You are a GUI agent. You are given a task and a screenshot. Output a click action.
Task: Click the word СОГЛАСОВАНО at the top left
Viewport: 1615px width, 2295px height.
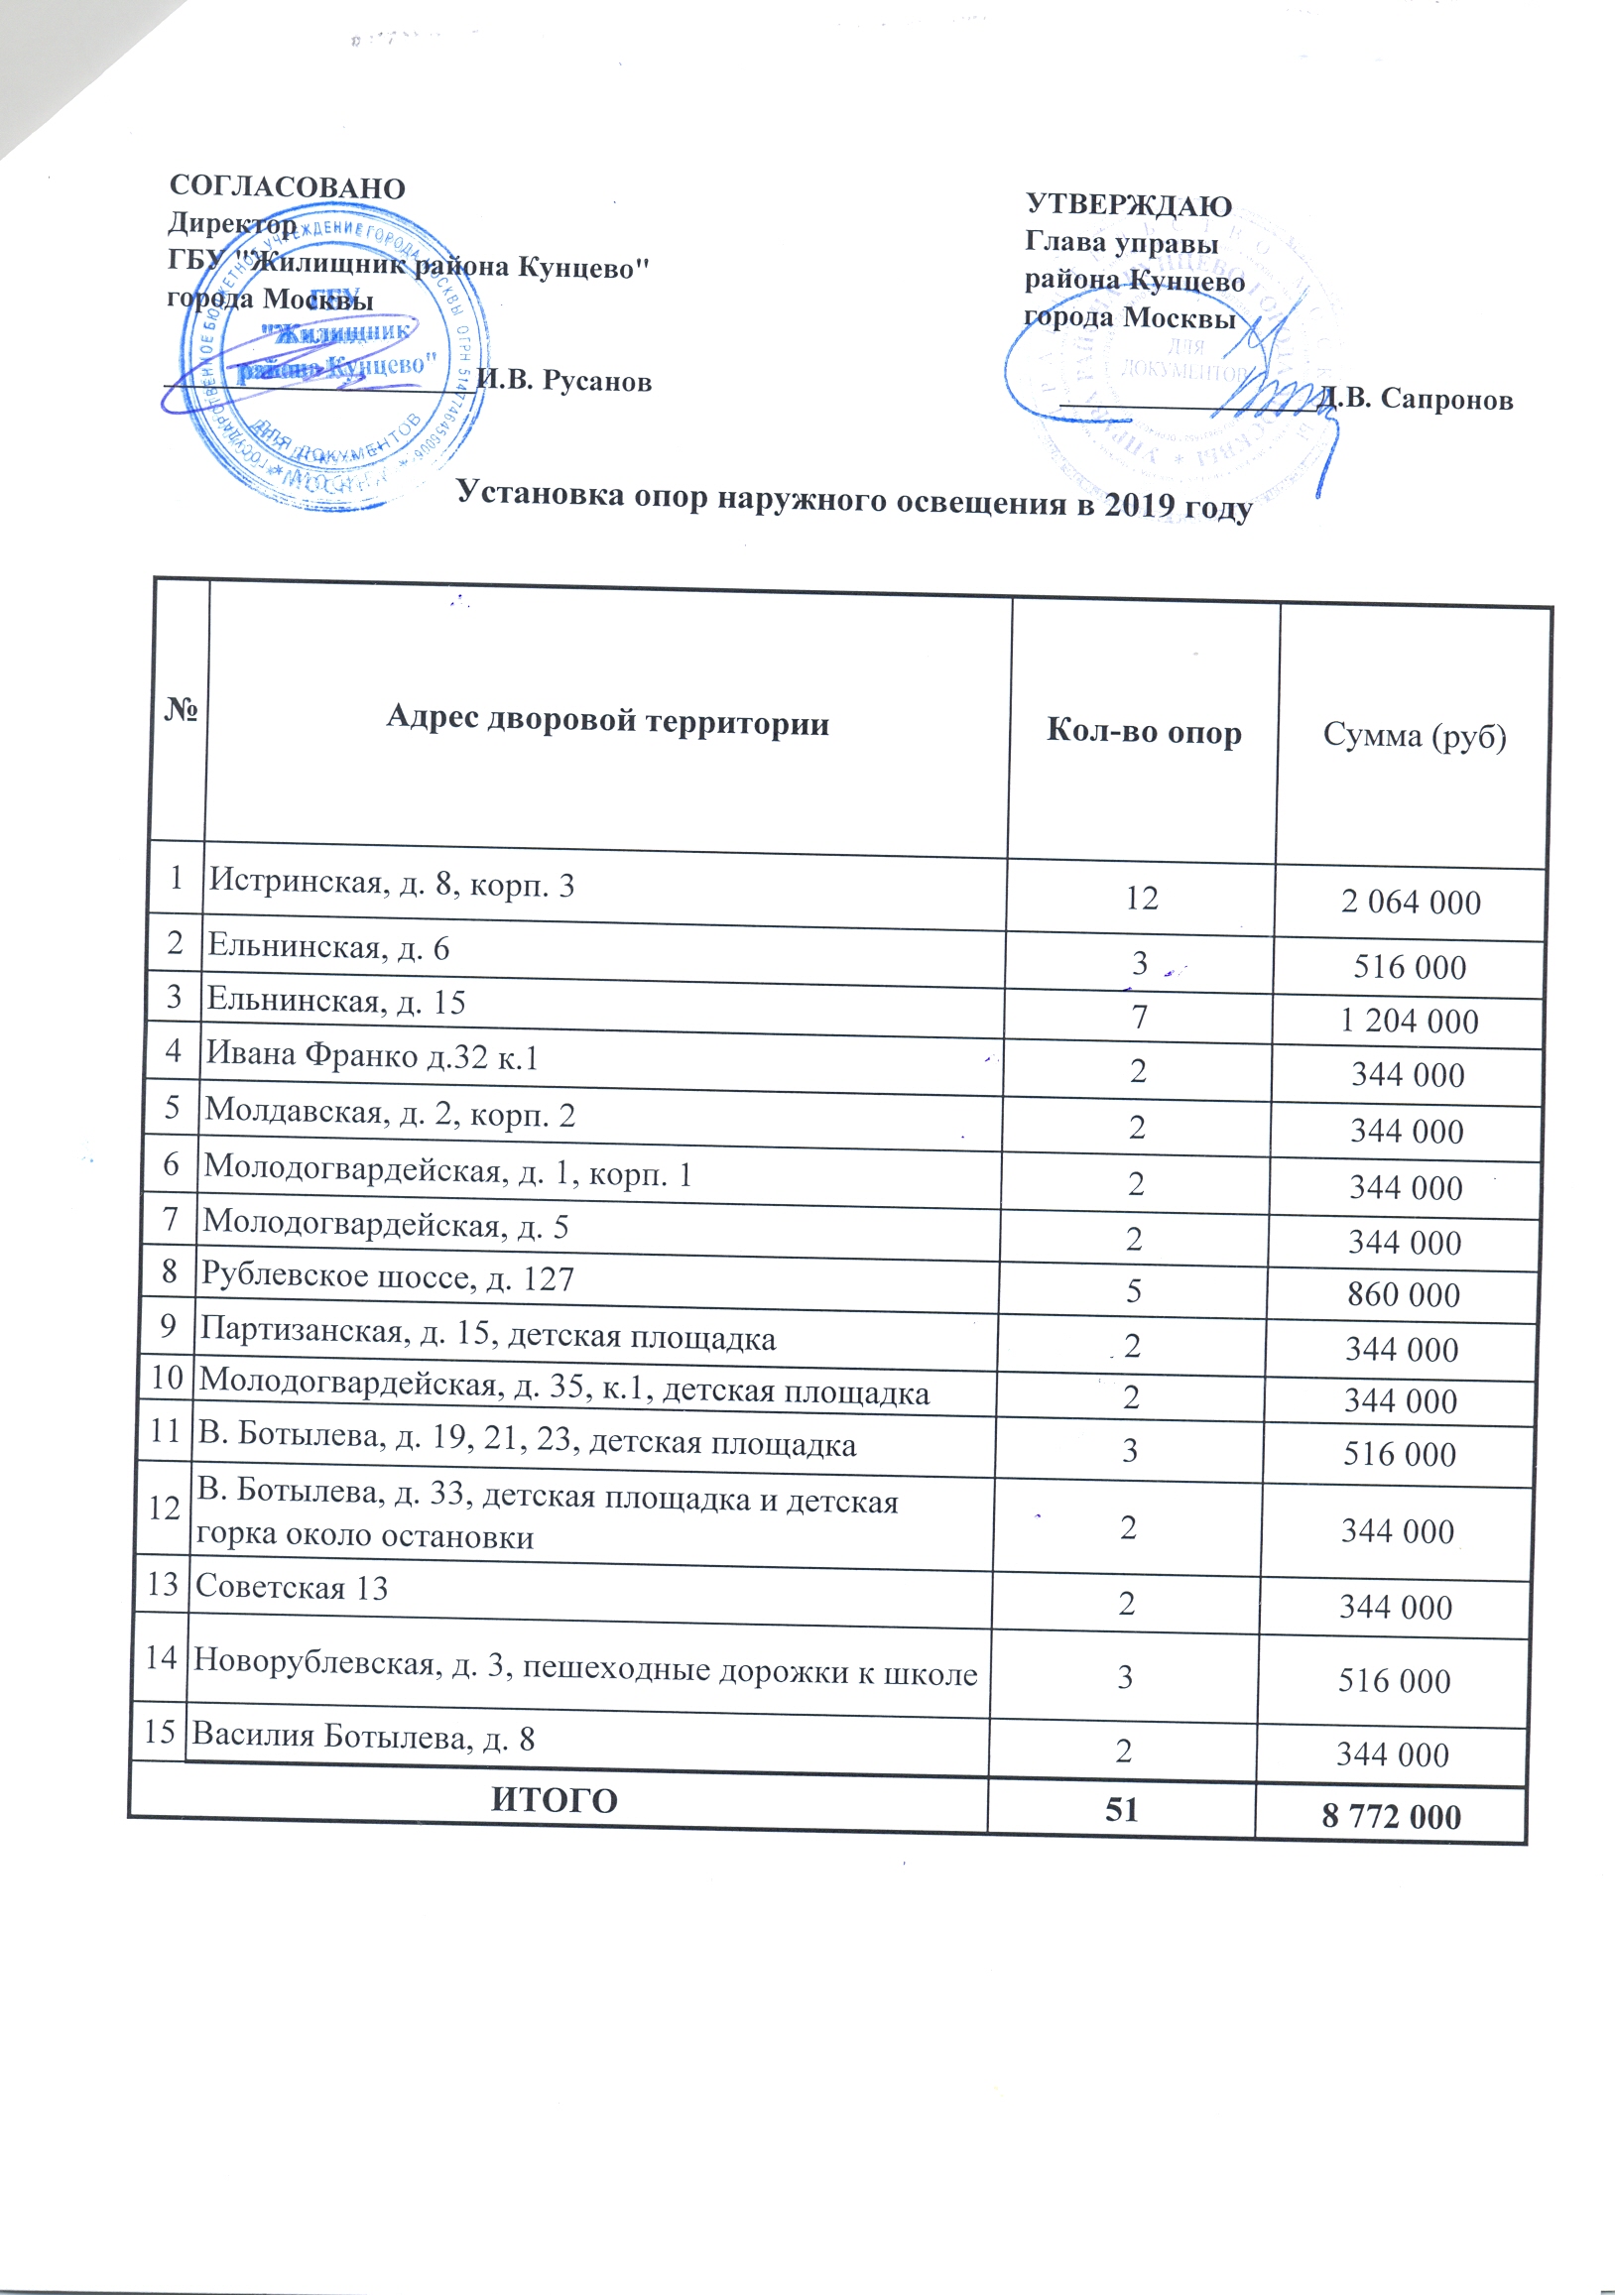pyautogui.click(x=287, y=187)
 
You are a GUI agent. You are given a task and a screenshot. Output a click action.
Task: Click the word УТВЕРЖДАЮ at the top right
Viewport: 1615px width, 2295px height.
pyautogui.click(x=1129, y=206)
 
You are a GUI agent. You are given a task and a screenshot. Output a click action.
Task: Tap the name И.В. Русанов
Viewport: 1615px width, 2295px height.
pyautogui.click(x=564, y=381)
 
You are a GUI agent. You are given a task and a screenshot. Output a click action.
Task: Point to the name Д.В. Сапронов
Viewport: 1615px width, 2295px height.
pyautogui.click(x=1417, y=399)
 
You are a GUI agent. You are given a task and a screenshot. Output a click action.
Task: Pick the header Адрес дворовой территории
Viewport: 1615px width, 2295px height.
pyautogui.click(x=607, y=720)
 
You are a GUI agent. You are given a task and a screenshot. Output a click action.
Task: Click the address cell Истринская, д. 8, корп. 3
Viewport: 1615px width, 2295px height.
pyautogui.click(x=392, y=884)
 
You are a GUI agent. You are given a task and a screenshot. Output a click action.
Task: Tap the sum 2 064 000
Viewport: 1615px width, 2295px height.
pyautogui.click(x=1410, y=903)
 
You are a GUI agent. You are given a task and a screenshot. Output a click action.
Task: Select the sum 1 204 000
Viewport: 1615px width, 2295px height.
pyautogui.click(x=1409, y=1021)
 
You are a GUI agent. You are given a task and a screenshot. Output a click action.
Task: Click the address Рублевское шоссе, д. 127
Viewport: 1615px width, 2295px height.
pyautogui.click(x=388, y=1277)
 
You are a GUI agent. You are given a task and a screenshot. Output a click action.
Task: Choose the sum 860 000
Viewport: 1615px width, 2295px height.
pyautogui.click(x=1403, y=1294)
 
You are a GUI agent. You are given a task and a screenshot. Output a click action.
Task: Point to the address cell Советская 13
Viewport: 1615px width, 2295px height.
pyautogui.click(x=291, y=1587)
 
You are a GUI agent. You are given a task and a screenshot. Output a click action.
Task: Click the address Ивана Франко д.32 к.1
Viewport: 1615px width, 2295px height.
pyautogui.click(x=372, y=1056)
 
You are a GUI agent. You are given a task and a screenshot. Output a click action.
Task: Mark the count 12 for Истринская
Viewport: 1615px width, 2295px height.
pyautogui.click(x=1141, y=898)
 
